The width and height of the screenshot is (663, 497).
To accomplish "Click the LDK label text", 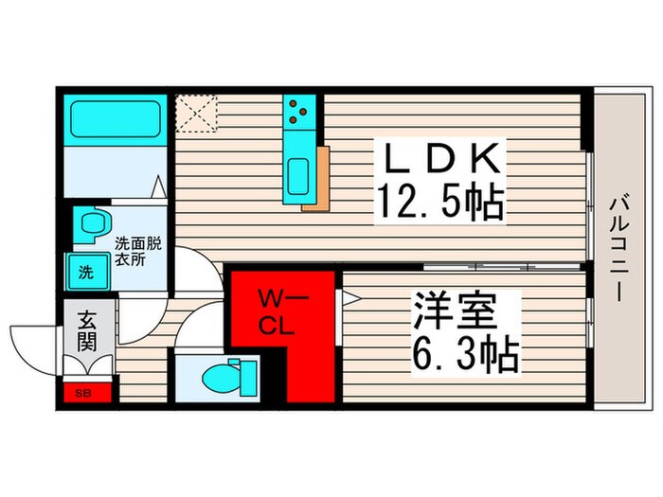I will (440, 158).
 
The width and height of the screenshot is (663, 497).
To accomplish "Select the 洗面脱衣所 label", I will (138, 251).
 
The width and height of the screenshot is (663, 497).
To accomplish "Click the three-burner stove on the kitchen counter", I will (301, 113).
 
